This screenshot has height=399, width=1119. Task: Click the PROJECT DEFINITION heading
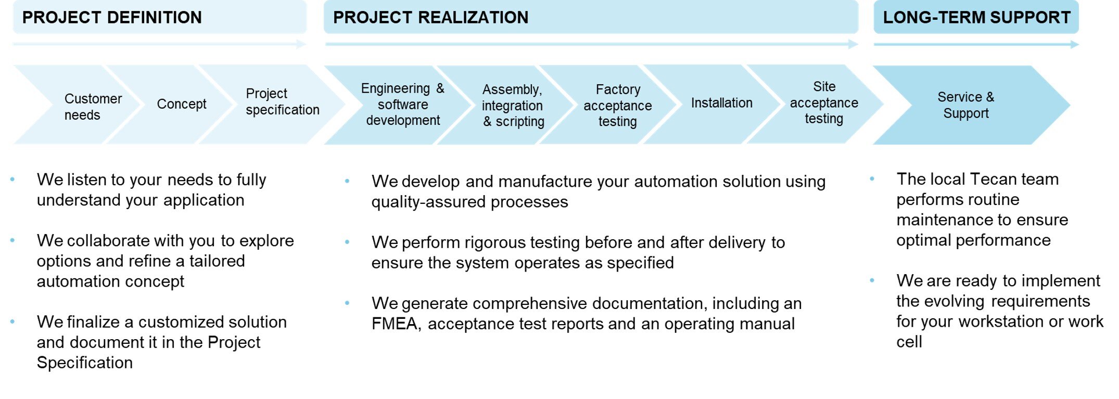112,18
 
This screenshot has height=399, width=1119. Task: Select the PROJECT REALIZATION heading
430,18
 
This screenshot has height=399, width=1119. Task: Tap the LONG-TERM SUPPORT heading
976,18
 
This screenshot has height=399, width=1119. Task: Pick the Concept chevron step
181,104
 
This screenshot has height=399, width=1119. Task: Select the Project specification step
282,102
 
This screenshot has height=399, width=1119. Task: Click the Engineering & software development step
402,104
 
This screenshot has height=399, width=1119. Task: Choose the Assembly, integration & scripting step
513,106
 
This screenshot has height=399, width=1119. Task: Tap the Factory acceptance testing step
617,106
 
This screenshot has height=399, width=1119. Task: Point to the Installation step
721,103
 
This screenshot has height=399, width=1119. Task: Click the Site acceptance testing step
824,102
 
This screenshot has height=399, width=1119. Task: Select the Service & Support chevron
965,105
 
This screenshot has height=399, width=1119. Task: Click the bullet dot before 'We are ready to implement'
872,281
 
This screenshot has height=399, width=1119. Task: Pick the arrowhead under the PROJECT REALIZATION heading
853,45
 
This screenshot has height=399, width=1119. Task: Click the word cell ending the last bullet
909,342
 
